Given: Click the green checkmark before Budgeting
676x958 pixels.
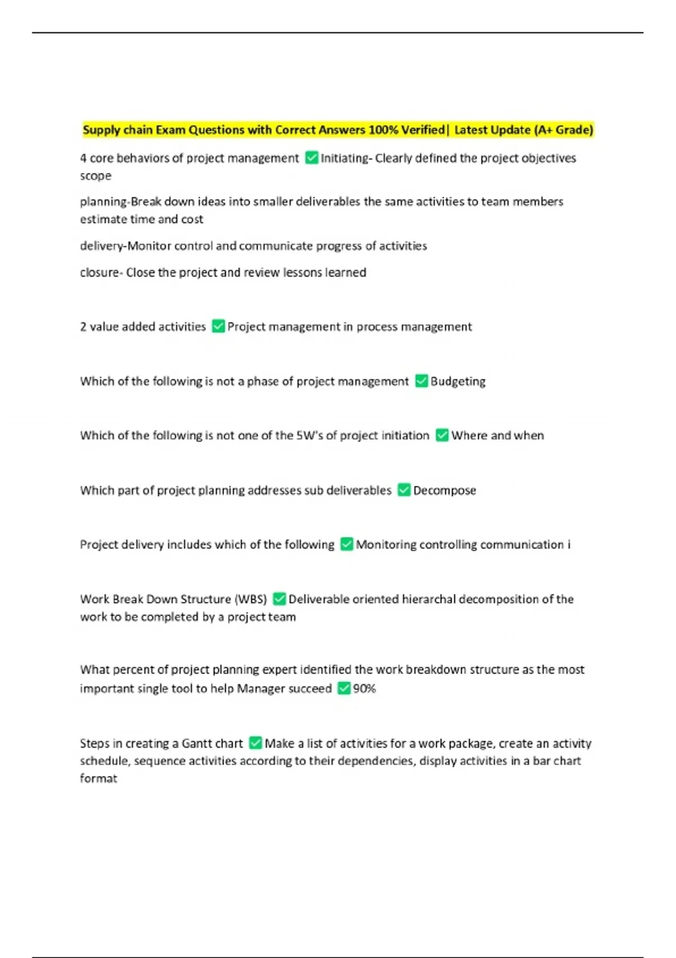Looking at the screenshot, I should point(421,382).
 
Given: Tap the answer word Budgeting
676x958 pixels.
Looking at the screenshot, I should point(458,382).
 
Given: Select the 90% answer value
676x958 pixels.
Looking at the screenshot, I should point(364,689).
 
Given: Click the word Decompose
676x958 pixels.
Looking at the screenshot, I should point(444,490).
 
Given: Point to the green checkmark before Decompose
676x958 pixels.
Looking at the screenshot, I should point(404,490).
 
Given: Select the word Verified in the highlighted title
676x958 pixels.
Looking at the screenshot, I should point(422,130).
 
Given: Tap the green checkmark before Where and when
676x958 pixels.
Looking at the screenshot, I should point(442,436).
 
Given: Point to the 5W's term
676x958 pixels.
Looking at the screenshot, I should point(309,436).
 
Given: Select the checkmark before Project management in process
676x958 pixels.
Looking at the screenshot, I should point(219,327).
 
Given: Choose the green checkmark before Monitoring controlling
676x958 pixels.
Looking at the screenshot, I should point(347,544).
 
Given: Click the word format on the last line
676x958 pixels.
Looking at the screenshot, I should point(99,779).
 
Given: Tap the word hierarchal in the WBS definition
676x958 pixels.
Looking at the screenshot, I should point(428,599).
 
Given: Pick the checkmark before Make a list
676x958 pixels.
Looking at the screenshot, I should point(256,743).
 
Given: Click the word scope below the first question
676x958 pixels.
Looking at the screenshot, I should point(96,176).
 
